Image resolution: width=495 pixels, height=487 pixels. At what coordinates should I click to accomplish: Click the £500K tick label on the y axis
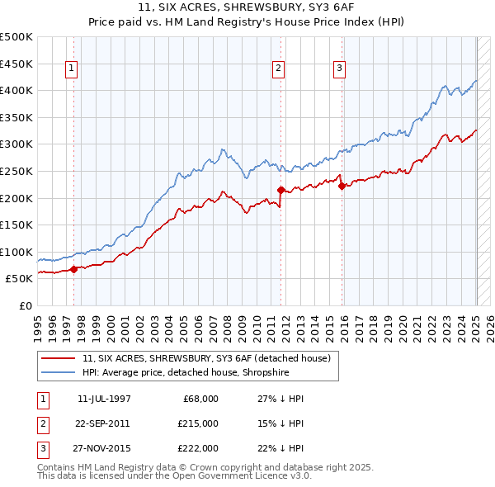pos(16,37)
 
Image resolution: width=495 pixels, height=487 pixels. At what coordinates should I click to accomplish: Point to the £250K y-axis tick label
pos(16,171)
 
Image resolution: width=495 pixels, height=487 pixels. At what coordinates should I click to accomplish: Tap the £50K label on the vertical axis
pos(20,279)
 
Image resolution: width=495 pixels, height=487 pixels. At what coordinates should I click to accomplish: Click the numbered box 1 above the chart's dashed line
pos(72,69)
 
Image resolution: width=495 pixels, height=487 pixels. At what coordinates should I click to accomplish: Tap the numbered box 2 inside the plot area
pos(279,69)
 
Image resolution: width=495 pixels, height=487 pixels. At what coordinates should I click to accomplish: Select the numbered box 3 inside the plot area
pos(340,69)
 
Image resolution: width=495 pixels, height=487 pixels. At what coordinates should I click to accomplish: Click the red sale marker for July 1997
pos(73,269)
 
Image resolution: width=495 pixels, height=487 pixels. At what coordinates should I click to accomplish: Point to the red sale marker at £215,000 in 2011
pos(280,190)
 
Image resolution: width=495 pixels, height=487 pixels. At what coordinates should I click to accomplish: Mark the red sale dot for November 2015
pos(342,186)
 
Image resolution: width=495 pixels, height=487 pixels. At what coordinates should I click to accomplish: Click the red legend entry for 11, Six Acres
pos(206,358)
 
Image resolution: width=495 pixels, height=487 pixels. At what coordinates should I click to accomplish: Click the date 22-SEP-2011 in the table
pos(104,423)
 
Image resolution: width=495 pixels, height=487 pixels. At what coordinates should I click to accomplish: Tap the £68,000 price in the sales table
pos(200,398)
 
